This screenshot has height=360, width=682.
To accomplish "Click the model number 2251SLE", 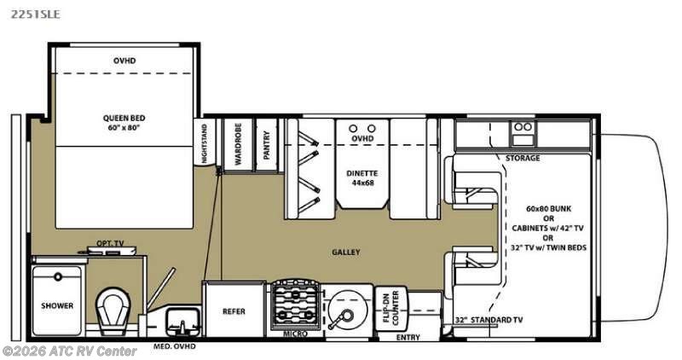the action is click(36, 14).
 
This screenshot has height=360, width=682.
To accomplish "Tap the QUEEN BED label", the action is click(124, 118).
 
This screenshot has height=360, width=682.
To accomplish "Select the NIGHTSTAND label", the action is click(205, 143).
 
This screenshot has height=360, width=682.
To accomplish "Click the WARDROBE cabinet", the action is click(239, 144).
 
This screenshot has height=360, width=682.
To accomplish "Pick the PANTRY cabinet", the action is click(267, 144).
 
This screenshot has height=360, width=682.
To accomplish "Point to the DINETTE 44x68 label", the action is click(362, 177).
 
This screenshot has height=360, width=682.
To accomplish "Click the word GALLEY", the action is click(346, 252).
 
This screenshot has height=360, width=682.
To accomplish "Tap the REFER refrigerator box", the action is click(234, 310).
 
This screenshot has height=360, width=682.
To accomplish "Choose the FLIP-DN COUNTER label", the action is click(390, 308).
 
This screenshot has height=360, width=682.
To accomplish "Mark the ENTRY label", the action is click(408, 337).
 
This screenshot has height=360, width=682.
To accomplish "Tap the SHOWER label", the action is click(57, 305).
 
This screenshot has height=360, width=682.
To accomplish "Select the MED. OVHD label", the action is click(175, 346).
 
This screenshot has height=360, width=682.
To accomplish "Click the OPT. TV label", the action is click(110, 243).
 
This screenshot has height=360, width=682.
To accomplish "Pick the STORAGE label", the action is click(523, 158).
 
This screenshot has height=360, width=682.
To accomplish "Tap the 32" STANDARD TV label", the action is click(488, 320).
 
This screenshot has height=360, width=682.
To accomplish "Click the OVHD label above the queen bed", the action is click(124, 61).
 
